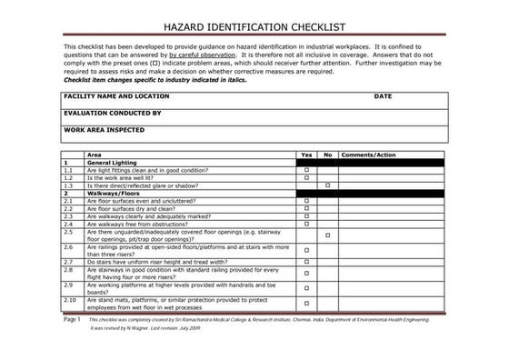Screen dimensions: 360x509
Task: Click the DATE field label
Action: [382, 95]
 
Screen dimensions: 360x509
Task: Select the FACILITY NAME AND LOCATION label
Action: [116, 95]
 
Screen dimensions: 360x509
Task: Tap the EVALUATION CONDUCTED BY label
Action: [113, 113]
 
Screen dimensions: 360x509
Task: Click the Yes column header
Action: [306, 155]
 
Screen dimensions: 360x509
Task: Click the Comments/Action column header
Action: [368, 155]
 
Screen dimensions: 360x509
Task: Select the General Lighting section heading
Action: [112, 163]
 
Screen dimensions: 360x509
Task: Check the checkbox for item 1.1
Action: [306, 171]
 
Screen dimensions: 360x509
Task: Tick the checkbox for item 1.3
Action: [327, 185]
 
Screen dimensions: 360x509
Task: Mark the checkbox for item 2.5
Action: [327, 235]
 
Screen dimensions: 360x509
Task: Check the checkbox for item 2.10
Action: [306, 304]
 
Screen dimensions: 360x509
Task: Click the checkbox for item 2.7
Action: [306, 262]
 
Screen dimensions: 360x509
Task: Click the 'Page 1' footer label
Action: [72, 321]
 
